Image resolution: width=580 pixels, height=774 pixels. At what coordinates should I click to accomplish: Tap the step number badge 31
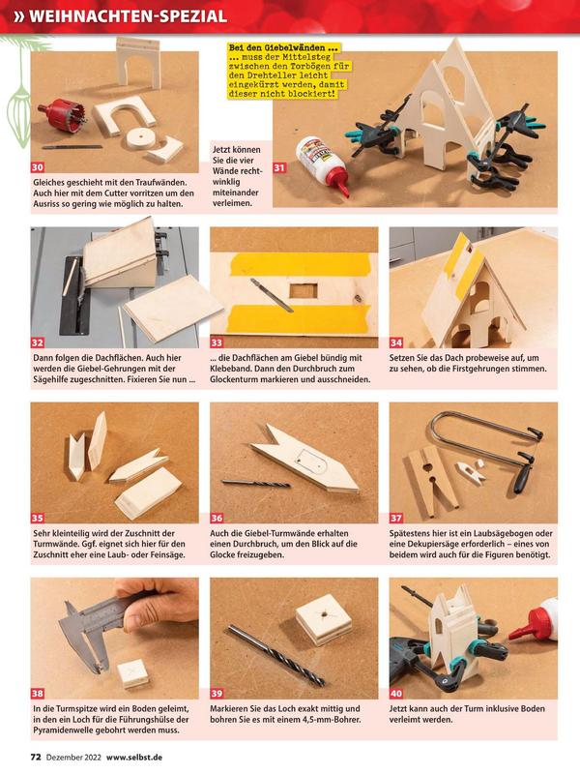click(279, 167)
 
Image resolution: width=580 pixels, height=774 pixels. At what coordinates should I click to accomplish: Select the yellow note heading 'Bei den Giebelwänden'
click(283, 47)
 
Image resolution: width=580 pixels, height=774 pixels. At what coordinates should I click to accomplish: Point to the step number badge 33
click(217, 342)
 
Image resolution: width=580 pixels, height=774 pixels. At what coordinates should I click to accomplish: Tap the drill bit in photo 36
click(256, 483)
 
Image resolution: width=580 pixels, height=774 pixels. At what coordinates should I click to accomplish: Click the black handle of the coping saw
click(524, 473)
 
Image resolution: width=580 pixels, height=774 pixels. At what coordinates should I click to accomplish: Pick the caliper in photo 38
click(99, 628)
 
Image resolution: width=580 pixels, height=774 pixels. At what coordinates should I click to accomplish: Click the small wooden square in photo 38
click(132, 673)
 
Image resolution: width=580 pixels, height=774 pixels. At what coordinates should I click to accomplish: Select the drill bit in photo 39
click(276, 655)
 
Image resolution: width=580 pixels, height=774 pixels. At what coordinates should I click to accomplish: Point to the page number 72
click(36, 757)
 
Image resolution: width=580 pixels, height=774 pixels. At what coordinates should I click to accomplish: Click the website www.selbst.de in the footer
click(134, 757)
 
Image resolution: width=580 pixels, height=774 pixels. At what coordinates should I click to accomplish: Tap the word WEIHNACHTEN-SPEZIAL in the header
click(129, 16)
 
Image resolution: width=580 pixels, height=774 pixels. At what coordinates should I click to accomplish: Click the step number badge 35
click(38, 518)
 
